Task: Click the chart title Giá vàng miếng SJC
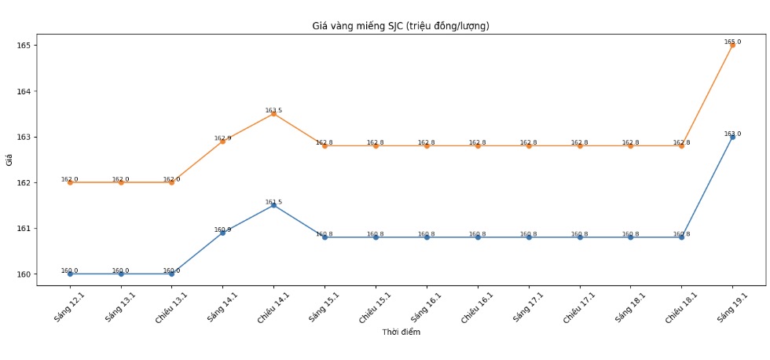[x=401, y=26]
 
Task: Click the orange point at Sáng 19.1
[x=732, y=45]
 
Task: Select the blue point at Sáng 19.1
[x=732, y=137]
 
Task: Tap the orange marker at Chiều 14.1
[x=273, y=114]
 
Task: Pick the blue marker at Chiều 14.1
[x=273, y=205]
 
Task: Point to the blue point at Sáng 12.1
[x=70, y=274]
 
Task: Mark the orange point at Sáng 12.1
[x=70, y=182]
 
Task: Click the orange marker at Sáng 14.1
[x=222, y=141]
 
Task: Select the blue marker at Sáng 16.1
[x=427, y=237]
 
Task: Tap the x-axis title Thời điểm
[x=401, y=332]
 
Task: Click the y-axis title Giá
[x=9, y=160]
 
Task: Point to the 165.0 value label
[x=732, y=42]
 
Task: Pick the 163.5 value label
[x=273, y=111]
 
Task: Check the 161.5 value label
[x=273, y=202]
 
